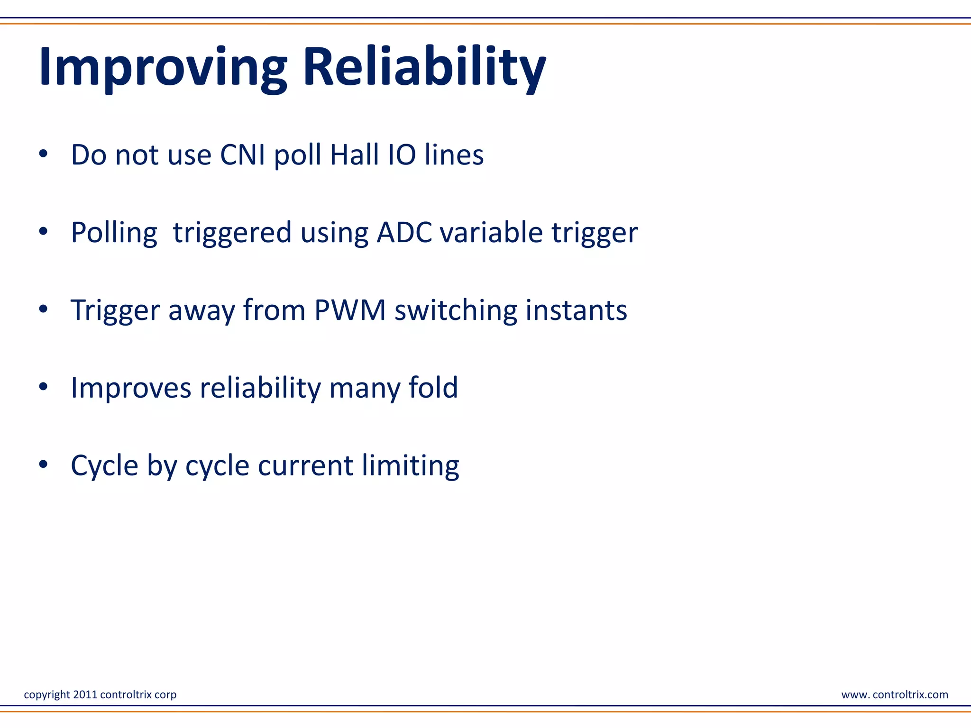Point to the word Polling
[x=114, y=233]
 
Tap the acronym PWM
[x=350, y=310]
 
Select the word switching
[x=455, y=310]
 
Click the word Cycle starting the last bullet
[x=104, y=465]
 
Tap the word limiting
[x=411, y=465]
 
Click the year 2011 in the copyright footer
[x=85, y=694]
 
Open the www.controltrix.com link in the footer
[x=895, y=694]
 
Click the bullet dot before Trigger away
[x=43, y=309]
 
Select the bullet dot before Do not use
[x=43, y=154]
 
